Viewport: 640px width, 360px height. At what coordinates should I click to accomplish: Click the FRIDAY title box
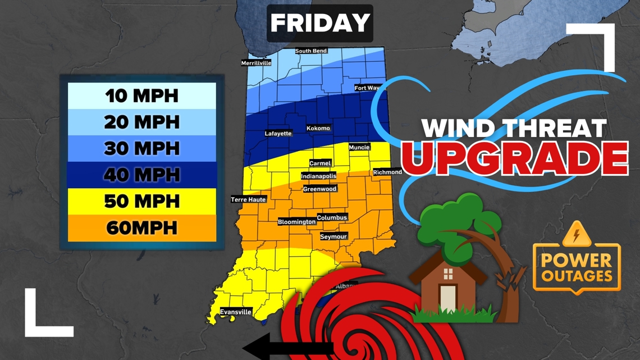pos(319,24)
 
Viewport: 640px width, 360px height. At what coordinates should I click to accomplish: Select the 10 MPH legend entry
pos(141,95)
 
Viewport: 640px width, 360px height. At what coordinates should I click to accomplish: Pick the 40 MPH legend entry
pos(141,175)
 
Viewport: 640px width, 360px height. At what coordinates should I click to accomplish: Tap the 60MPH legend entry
pos(141,227)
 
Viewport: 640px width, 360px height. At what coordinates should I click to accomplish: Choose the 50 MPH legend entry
pos(141,201)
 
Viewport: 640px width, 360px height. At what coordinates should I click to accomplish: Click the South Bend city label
pos(311,51)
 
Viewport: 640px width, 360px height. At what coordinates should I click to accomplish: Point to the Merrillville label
pos(256,63)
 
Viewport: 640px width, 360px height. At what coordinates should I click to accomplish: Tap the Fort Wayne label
pos(368,88)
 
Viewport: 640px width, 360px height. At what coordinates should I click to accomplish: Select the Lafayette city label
pos(278,134)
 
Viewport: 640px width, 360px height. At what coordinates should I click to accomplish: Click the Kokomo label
pos(318,129)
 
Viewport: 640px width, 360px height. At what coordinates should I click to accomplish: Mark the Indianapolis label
pos(318,176)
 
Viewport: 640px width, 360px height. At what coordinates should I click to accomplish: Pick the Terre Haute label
pos(248,199)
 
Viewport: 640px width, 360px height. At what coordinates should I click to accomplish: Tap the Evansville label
pos(236,312)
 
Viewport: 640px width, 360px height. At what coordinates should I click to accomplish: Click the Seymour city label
pos(333,237)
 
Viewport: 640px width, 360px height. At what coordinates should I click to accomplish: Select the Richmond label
pos(387,172)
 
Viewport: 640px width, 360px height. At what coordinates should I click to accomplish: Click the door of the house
pos(448,298)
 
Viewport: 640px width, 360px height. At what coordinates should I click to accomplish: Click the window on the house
pos(448,274)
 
